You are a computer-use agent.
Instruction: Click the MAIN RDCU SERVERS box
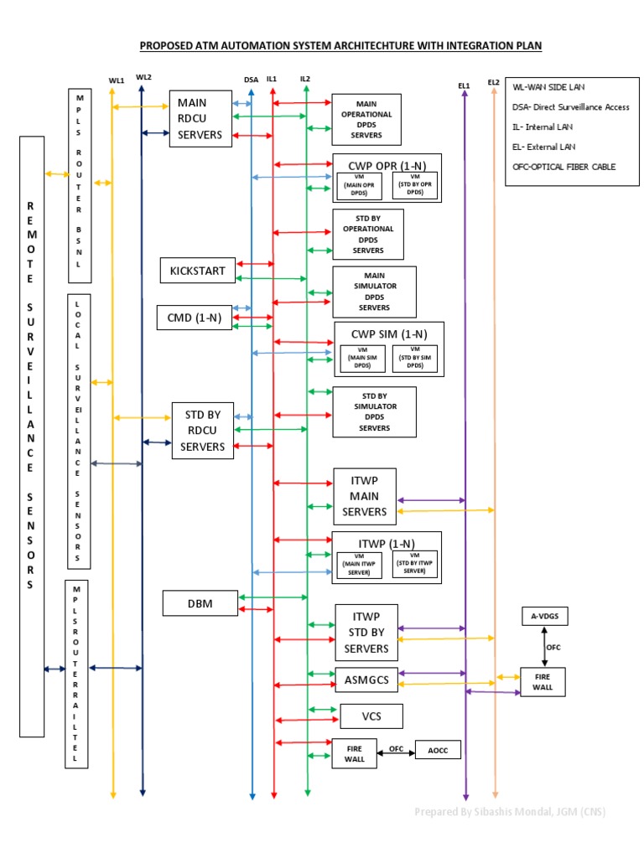click(x=200, y=119)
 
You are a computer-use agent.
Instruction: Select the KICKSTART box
click(x=198, y=271)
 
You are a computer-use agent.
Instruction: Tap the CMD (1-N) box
click(x=195, y=318)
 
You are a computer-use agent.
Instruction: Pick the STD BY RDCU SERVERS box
click(x=203, y=431)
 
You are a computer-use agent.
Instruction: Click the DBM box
click(x=200, y=602)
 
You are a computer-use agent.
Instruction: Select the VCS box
click(x=371, y=716)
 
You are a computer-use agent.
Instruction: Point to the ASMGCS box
click(x=366, y=680)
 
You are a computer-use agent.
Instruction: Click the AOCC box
click(x=438, y=751)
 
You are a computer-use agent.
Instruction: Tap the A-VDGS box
click(x=544, y=617)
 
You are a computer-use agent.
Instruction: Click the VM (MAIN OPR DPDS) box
click(x=358, y=186)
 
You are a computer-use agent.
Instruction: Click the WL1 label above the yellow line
click(x=117, y=80)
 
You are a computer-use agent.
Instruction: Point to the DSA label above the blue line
click(x=251, y=80)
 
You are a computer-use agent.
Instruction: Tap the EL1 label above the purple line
click(x=464, y=85)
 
